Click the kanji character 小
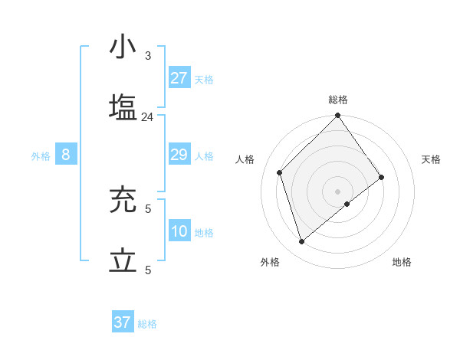[123, 48]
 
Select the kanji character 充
[123, 201]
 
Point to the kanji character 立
[123, 262]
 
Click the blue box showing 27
[179, 78]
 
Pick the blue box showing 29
[179, 155]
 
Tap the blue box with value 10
[179, 231]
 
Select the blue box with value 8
[66, 155]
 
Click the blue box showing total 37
[123, 322]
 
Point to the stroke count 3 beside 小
[148, 56]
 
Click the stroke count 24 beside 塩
[148, 117]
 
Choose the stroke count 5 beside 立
[148, 270]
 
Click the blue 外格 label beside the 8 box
[41, 156]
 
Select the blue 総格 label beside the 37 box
[147, 324]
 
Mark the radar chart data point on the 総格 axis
[337, 116]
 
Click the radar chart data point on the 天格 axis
[381, 177]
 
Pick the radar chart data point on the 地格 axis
[347, 204]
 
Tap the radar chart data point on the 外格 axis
[302, 242]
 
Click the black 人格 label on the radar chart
[245, 159]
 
